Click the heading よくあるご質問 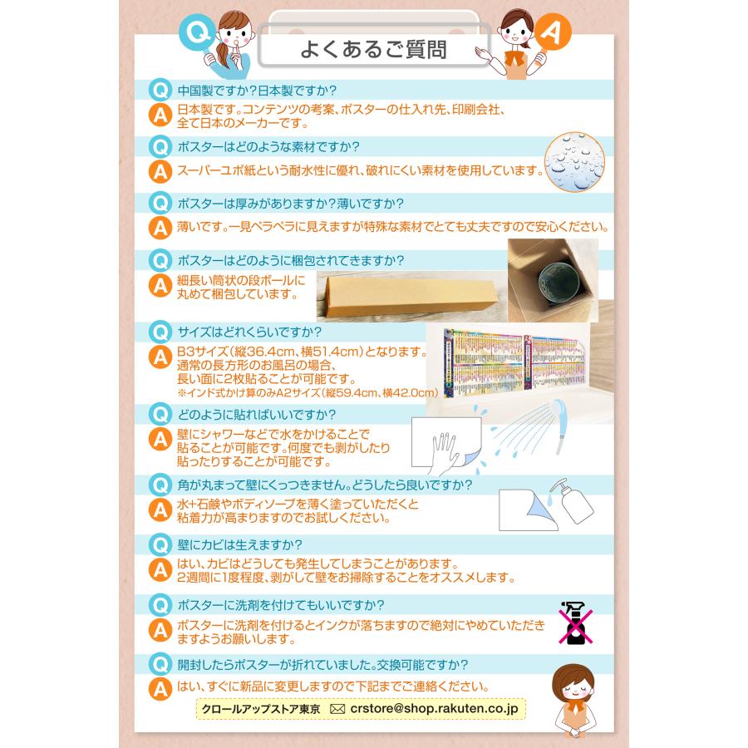(x=373, y=50)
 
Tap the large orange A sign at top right (x=552, y=32)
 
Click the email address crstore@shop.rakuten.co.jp (x=434, y=708)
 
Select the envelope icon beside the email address (x=337, y=710)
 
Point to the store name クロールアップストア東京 (x=260, y=710)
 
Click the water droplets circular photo (x=574, y=162)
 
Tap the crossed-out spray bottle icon (x=575, y=623)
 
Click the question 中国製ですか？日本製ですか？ (x=257, y=91)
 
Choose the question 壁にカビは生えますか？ (x=239, y=544)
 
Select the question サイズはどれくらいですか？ (x=249, y=332)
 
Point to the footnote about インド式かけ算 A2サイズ (x=308, y=392)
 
